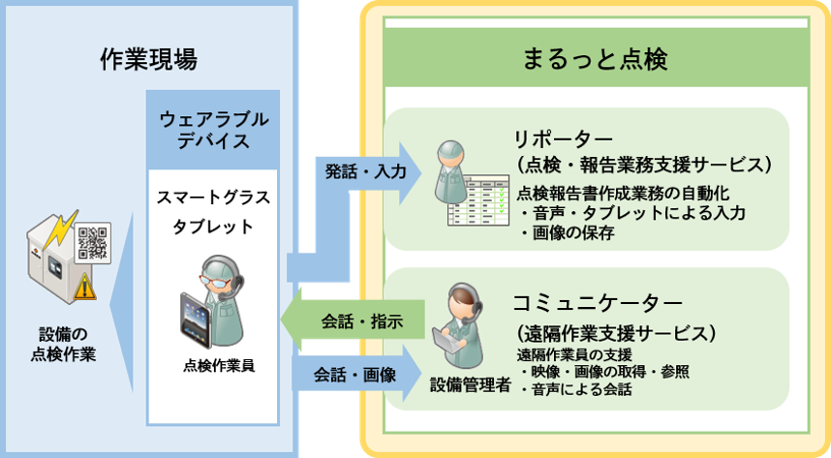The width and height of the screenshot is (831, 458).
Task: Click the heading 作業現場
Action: point(148,59)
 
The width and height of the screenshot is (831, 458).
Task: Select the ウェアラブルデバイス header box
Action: point(213,129)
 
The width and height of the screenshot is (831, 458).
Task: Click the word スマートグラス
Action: point(213,198)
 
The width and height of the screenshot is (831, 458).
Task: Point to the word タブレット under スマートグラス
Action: point(213,228)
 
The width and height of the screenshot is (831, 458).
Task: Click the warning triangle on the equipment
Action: point(84,287)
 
